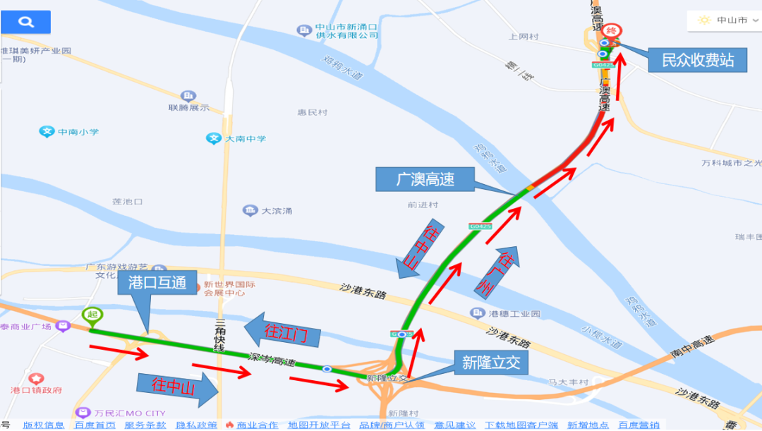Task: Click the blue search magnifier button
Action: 26,22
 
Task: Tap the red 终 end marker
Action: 612,30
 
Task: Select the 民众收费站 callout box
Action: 698,60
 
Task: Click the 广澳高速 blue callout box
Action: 424,179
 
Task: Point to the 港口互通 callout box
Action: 157,283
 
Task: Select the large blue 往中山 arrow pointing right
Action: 176,385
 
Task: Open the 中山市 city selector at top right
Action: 722,20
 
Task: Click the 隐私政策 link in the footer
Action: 197,425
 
